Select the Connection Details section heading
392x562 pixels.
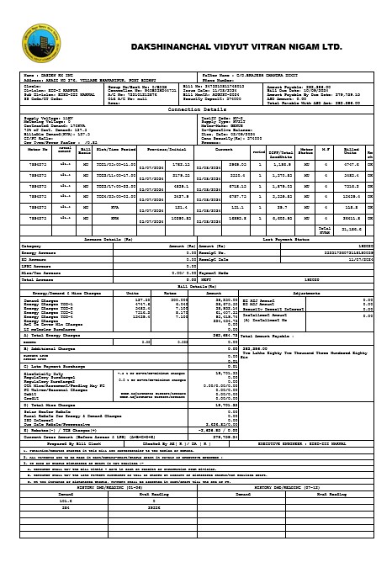196,109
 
